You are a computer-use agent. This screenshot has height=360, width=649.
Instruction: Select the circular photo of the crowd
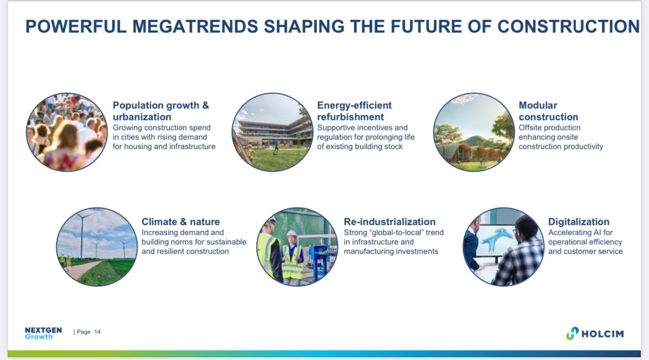click(67, 132)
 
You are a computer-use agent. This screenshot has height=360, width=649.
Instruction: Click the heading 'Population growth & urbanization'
click(161, 111)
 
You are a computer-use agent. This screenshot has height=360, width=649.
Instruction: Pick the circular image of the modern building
click(272, 132)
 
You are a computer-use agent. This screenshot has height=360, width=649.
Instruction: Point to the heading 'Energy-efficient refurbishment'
click(354, 111)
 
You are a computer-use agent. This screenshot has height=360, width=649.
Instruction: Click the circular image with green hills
click(474, 132)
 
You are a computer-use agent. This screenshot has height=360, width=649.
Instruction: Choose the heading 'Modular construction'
click(548, 111)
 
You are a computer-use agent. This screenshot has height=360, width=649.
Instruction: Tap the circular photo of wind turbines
click(97, 247)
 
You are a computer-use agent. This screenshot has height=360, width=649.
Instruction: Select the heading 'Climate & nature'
click(180, 222)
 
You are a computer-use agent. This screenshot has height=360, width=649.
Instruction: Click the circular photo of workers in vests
click(297, 247)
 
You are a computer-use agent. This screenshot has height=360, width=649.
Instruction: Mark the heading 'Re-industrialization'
click(389, 222)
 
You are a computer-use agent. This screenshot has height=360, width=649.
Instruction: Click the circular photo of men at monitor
click(503, 247)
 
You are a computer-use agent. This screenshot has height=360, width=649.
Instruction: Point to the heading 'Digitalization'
click(579, 222)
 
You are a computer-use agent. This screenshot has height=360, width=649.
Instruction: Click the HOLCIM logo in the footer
click(595, 333)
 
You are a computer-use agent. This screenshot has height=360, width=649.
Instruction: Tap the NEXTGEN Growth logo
click(43, 333)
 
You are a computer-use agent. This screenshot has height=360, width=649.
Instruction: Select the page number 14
click(98, 332)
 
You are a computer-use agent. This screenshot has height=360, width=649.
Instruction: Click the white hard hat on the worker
click(292, 234)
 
